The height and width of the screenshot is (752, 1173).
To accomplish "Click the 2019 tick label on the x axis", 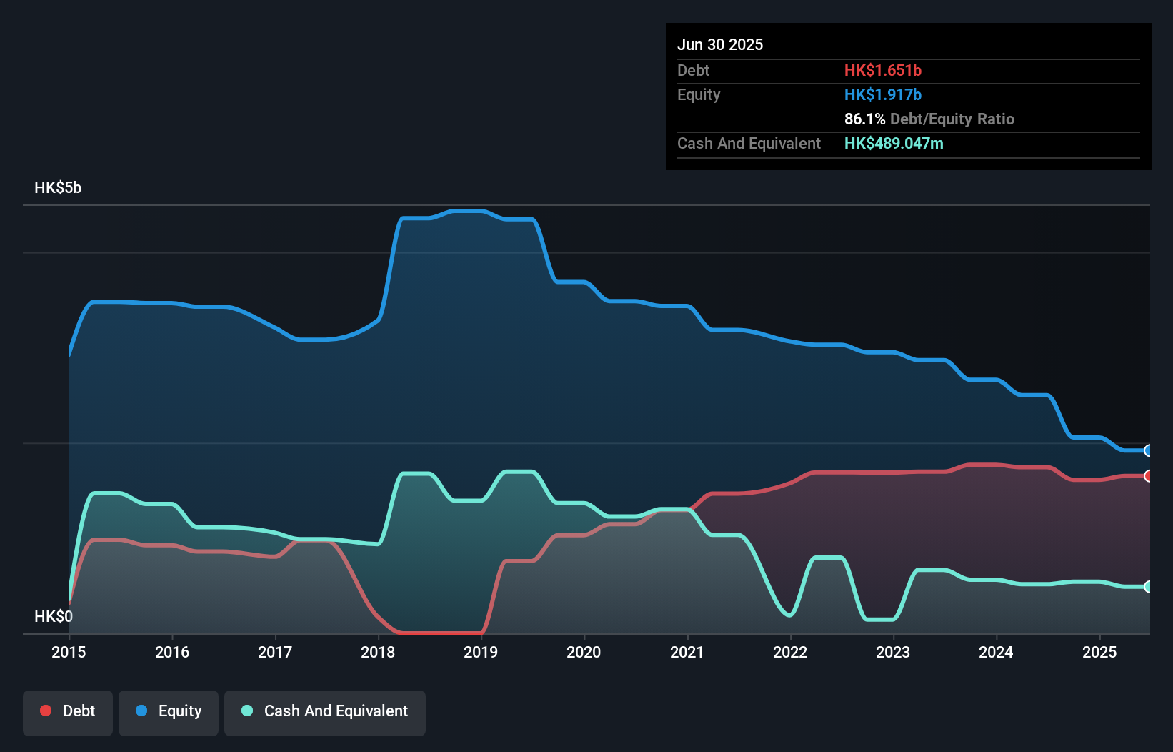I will pos(481,652).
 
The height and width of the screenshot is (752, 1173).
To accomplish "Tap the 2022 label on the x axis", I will pos(790,652).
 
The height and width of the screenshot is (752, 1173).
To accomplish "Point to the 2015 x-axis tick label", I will pos(69,652).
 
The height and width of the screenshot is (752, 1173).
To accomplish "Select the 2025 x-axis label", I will pos(1099,652).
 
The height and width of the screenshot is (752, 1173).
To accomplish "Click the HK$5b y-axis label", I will pos(58,188).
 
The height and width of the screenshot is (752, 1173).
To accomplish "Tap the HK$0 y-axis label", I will pos(54,616).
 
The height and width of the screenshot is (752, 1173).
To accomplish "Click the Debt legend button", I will pos(68,711).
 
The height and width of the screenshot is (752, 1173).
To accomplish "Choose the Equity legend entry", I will pos(169,711).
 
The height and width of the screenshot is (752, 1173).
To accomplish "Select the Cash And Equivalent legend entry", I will pos(325,711).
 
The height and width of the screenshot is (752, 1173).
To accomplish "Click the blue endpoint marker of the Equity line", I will pos(1148,450).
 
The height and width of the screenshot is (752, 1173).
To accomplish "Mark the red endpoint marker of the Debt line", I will pos(1148,476).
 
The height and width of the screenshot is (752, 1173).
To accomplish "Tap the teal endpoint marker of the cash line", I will pos(1148,587).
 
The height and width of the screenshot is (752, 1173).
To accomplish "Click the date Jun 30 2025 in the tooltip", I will pos(720,44).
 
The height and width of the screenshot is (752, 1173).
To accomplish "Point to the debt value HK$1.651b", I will pos(883,70).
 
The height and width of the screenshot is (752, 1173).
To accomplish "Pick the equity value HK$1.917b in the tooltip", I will pos(883,94).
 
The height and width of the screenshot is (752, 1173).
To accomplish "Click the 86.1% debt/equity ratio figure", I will pos(864,119).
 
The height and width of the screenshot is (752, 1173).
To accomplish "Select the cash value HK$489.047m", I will pos(894,143).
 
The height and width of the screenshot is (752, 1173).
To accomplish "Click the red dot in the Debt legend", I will pos(46,711).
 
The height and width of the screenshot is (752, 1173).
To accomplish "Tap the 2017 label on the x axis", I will pos(275,652).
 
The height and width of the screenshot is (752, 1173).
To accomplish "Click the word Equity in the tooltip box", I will pos(699,94).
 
